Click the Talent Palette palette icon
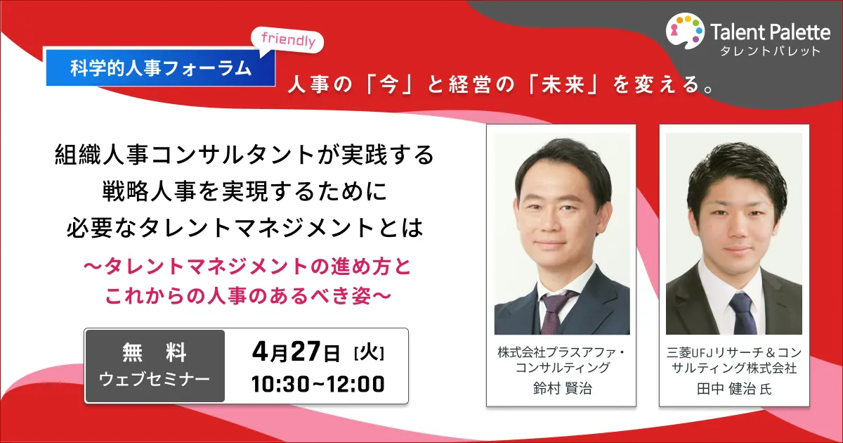(685, 31)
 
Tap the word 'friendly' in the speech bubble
(288, 39)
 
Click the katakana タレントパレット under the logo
(770, 51)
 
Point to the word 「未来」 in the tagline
(563, 84)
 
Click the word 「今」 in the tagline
(389, 84)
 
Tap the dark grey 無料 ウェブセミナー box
(155, 366)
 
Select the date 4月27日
(296, 352)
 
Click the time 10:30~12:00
(318, 384)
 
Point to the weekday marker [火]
(369, 353)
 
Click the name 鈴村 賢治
(563, 388)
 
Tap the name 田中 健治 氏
(734, 389)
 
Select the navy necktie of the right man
(743, 314)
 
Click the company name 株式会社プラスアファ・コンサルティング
(562, 360)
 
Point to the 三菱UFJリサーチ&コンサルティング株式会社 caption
(734, 360)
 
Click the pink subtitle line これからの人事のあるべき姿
(249, 296)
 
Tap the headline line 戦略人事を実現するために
(244, 191)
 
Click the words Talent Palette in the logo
(770, 32)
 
